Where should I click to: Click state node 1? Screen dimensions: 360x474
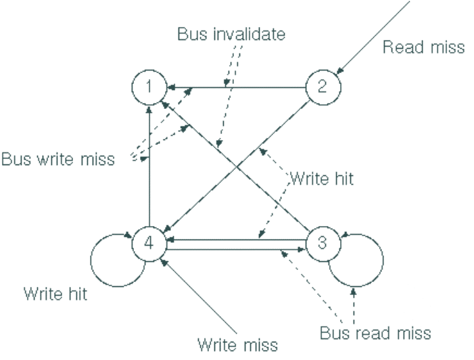(149, 88)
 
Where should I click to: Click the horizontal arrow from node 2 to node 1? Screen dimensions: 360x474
(237, 87)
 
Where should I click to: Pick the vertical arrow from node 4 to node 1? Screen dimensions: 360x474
(149, 166)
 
